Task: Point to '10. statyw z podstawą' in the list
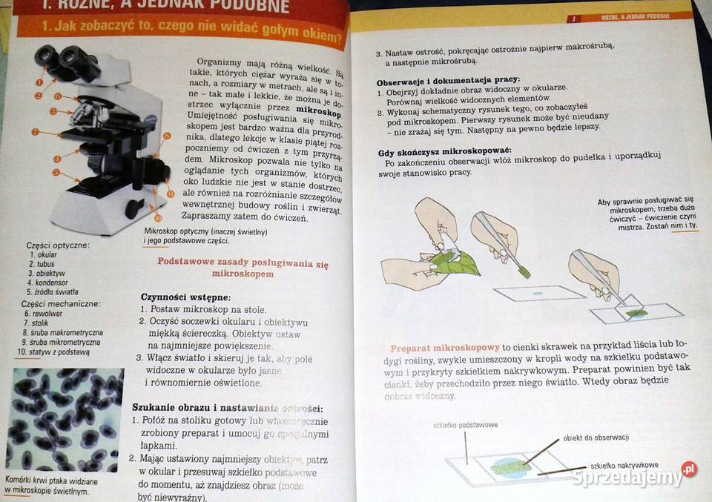pyautogui.click(x=53, y=352)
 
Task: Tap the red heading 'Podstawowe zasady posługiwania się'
pyautogui.click(x=243, y=263)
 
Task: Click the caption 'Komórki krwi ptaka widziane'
pyautogui.click(x=51, y=481)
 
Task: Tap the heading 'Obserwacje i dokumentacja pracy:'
pyautogui.click(x=448, y=80)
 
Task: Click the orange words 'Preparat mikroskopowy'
pyautogui.click(x=444, y=348)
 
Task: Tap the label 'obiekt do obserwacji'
pyautogui.click(x=596, y=437)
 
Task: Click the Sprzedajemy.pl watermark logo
pyautogui.click(x=634, y=474)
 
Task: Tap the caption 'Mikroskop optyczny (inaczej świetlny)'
pyautogui.click(x=205, y=232)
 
